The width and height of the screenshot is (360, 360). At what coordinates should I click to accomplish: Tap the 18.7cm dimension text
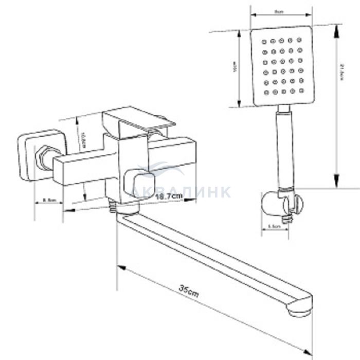click(169, 196)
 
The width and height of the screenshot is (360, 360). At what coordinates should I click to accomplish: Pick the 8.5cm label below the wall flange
click(49, 199)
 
